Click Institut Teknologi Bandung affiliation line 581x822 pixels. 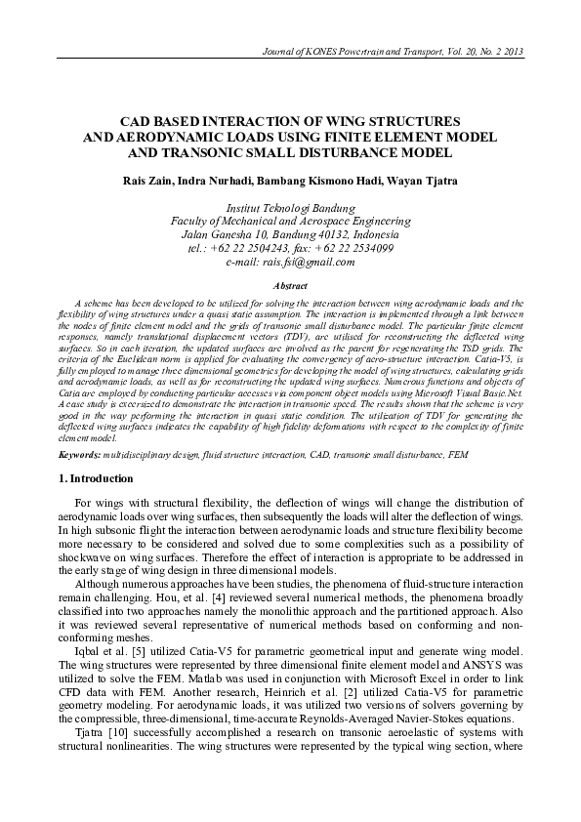(290, 208)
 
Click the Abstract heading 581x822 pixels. (290, 285)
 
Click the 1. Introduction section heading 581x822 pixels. (95, 479)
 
